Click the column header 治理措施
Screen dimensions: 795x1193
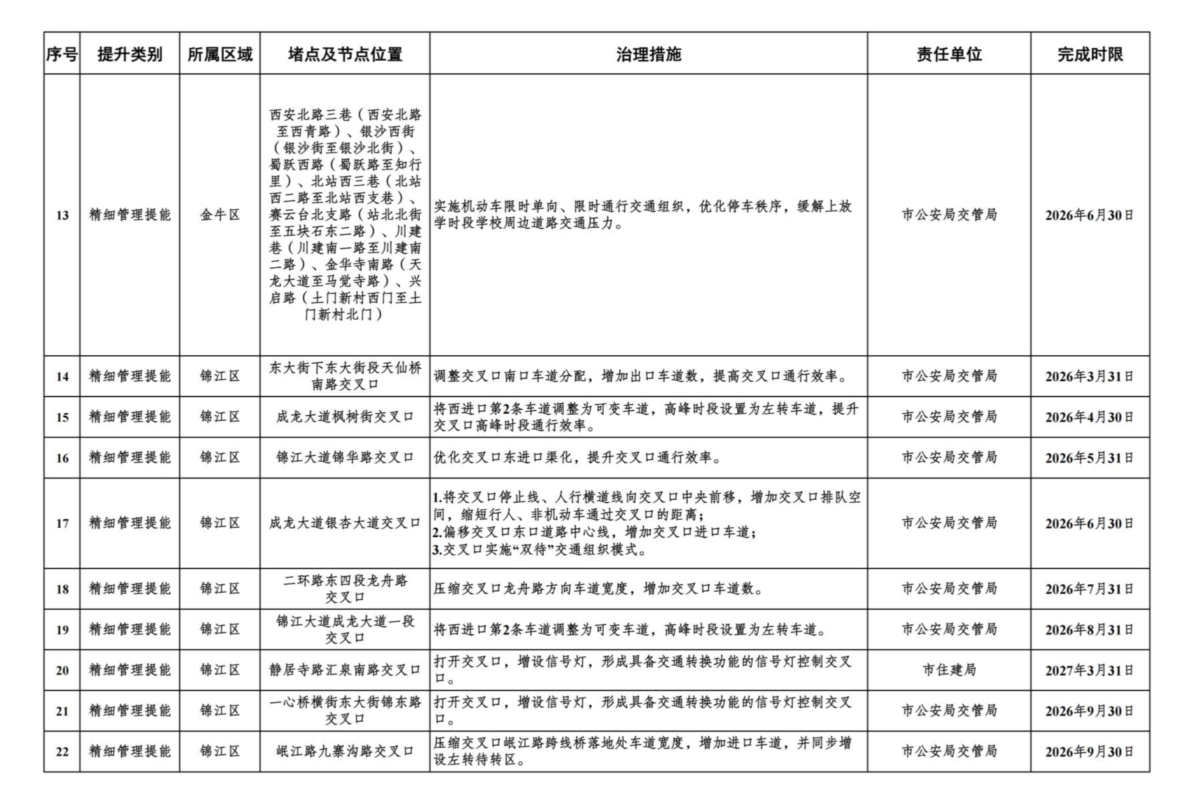coord(648,54)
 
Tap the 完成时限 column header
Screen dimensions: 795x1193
coord(1090,54)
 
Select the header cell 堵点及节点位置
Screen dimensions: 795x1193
coord(345,54)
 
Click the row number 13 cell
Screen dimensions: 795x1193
coord(62,215)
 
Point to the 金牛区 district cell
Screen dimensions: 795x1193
coord(219,215)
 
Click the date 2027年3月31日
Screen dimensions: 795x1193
coord(1089,670)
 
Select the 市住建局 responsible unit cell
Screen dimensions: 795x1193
coord(948,670)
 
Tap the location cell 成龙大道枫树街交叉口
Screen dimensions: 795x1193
coord(345,417)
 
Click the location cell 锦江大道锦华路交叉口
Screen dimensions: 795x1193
coord(345,458)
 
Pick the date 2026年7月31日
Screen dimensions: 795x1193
coord(1089,589)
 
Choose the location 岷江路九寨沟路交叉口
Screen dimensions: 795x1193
coord(345,752)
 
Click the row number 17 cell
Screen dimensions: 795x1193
coord(62,524)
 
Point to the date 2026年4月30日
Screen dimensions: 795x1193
coord(1089,417)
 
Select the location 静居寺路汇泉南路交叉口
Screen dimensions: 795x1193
coord(345,670)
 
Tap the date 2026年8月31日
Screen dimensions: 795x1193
coord(1089,630)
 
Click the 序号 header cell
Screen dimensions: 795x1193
coord(62,54)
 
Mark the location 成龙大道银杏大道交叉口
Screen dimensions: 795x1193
coord(345,524)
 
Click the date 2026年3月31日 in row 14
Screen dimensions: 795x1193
coord(1089,377)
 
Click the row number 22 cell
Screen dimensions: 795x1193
coord(62,752)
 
